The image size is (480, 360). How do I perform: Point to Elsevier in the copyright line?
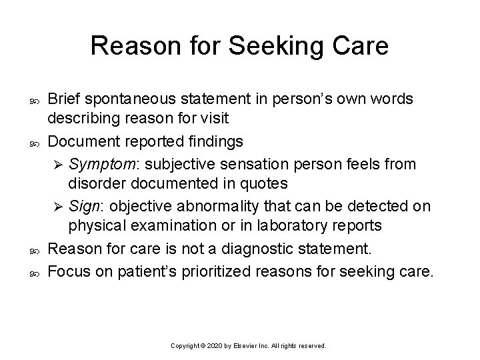click(253, 347)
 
